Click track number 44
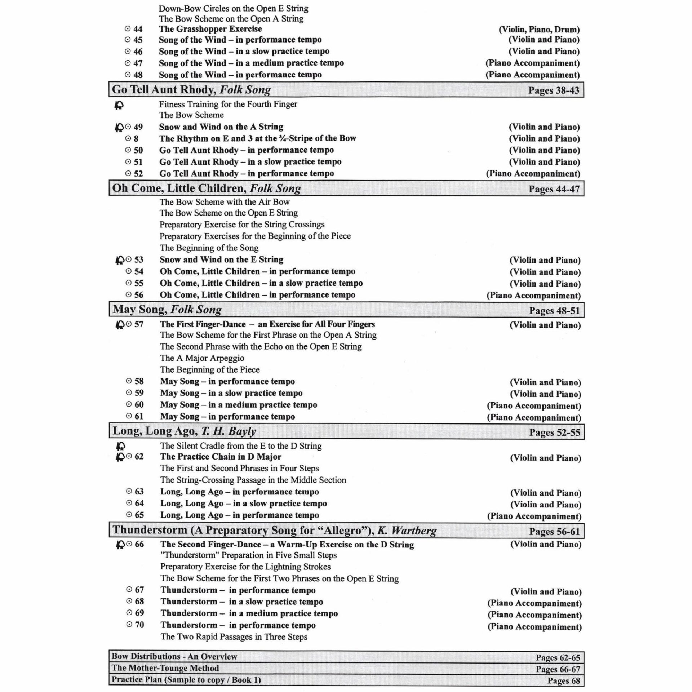(x=138, y=29)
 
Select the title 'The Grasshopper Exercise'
(x=210, y=29)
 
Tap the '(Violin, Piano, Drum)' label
(x=539, y=30)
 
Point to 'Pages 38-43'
(x=554, y=90)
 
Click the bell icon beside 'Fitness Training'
(x=119, y=105)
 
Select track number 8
(x=136, y=138)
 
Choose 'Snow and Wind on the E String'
(x=221, y=259)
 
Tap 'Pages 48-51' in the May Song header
(x=554, y=310)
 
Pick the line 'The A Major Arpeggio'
(x=202, y=358)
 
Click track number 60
(x=139, y=404)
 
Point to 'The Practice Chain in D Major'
(x=221, y=457)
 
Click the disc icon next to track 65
(x=129, y=515)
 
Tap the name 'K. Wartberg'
(x=408, y=530)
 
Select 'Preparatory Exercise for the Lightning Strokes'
(x=245, y=567)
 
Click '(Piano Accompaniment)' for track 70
(x=534, y=626)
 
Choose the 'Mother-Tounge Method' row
(x=165, y=668)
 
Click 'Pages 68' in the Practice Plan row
(x=564, y=680)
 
